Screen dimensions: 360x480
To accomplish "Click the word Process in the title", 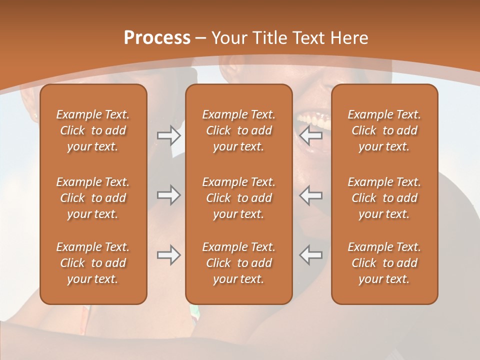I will [157, 38].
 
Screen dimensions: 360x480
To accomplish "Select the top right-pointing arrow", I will [169, 135].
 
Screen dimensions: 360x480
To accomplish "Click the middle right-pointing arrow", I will [169, 195].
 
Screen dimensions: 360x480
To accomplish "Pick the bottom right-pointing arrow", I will [169, 255].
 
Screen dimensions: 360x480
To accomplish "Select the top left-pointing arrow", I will [310, 135].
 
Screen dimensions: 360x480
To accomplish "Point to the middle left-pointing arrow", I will [310, 195].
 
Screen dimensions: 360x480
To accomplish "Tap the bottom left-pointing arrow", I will [310, 255].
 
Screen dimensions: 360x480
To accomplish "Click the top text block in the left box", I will [93, 130].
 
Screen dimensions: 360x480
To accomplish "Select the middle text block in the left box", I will [93, 198].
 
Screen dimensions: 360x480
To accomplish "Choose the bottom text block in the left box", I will [93, 263].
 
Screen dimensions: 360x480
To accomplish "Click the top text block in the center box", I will [238, 130].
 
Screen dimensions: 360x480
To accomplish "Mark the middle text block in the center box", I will [238, 198].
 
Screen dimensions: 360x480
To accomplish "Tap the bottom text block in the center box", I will [238, 263].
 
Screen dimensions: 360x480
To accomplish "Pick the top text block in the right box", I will [384, 130].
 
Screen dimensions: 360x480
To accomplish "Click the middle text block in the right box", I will [384, 198].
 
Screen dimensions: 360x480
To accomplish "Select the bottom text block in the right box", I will [384, 263].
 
